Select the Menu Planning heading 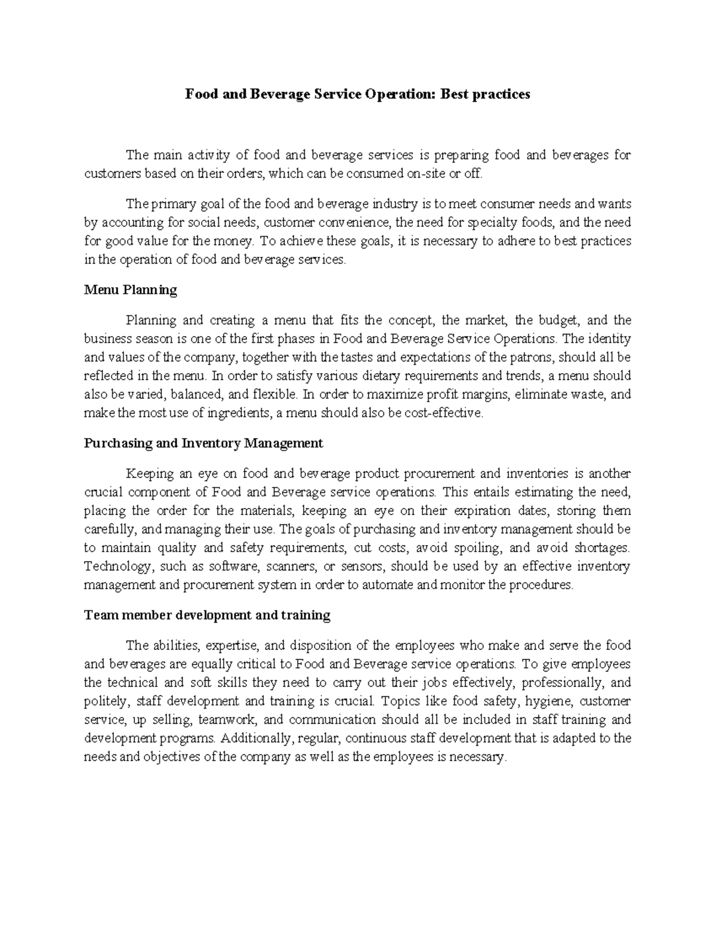(131, 290)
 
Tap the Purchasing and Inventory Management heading (203, 443)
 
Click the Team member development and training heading (207, 615)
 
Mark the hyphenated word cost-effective (443, 413)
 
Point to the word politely (108, 701)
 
